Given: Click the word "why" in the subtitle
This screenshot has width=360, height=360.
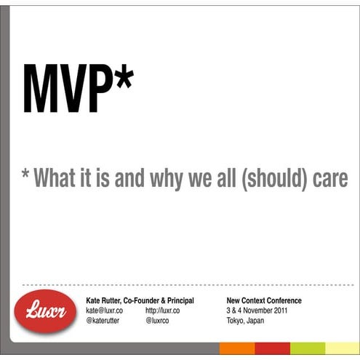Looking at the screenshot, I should [x=165, y=178].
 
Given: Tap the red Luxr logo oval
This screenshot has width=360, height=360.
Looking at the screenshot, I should [x=45, y=313].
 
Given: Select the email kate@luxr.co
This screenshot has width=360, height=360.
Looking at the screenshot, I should [x=105, y=311].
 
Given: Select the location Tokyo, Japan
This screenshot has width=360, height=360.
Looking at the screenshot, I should [x=245, y=321].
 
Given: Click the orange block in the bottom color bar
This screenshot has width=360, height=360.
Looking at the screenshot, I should [x=237, y=348].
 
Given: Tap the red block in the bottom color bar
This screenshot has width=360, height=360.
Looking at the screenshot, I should [x=273, y=348].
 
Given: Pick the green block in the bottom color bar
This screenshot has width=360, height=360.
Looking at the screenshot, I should [x=308, y=348].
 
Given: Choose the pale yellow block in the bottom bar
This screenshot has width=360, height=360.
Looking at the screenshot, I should [x=343, y=348].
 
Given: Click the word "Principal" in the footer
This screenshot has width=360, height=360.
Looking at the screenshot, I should [x=178, y=300].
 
